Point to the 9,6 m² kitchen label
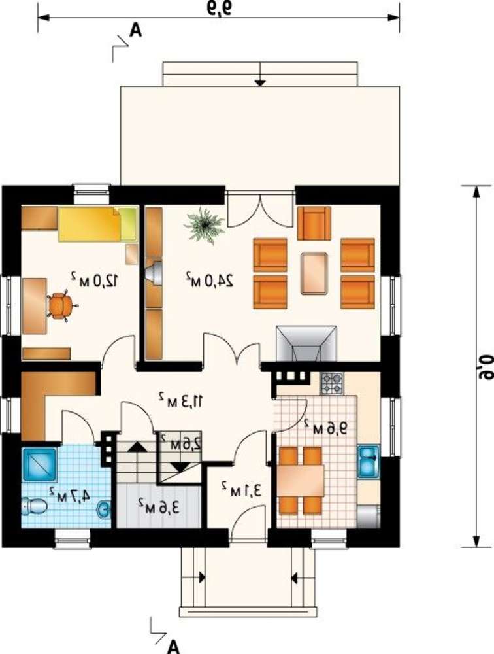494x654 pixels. coord(325,427)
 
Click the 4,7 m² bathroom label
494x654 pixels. coord(69,494)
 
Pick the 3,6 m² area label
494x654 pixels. coord(159,506)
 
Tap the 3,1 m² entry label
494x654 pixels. coord(242,489)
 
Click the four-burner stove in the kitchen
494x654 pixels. coord(332,384)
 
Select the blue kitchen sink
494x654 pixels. coord(369,462)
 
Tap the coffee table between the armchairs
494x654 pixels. coord(314,273)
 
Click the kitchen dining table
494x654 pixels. coord(301,480)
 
